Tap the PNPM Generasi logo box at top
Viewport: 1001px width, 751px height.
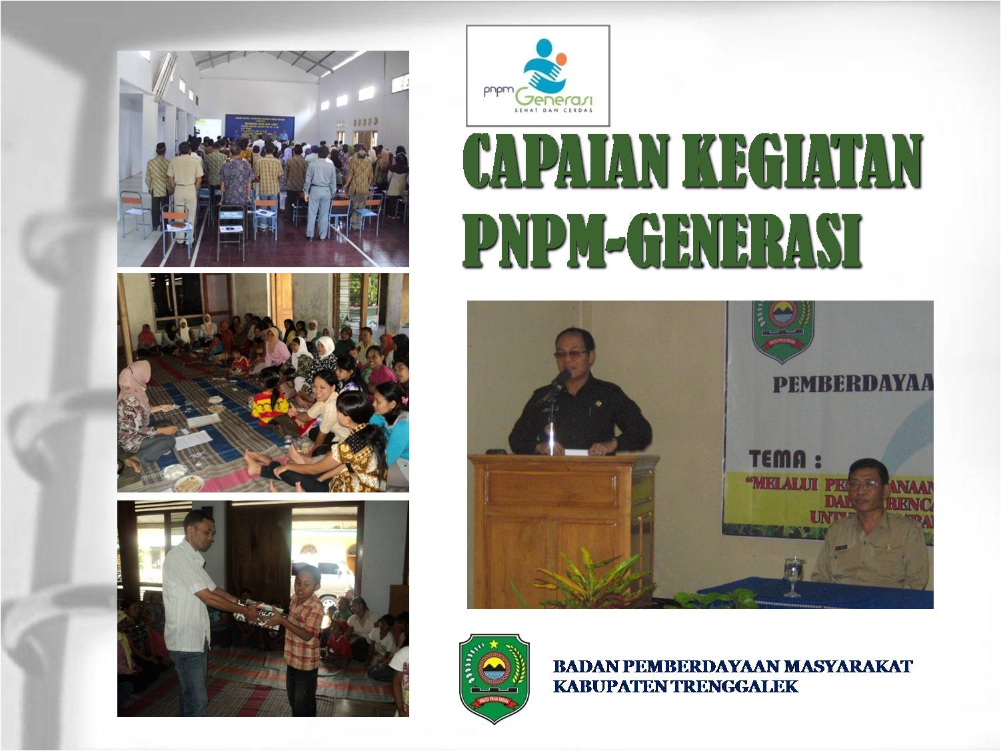pyautogui.click(x=537, y=75)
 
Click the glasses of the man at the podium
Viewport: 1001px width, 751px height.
pyautogui.click(x=570, y=353)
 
